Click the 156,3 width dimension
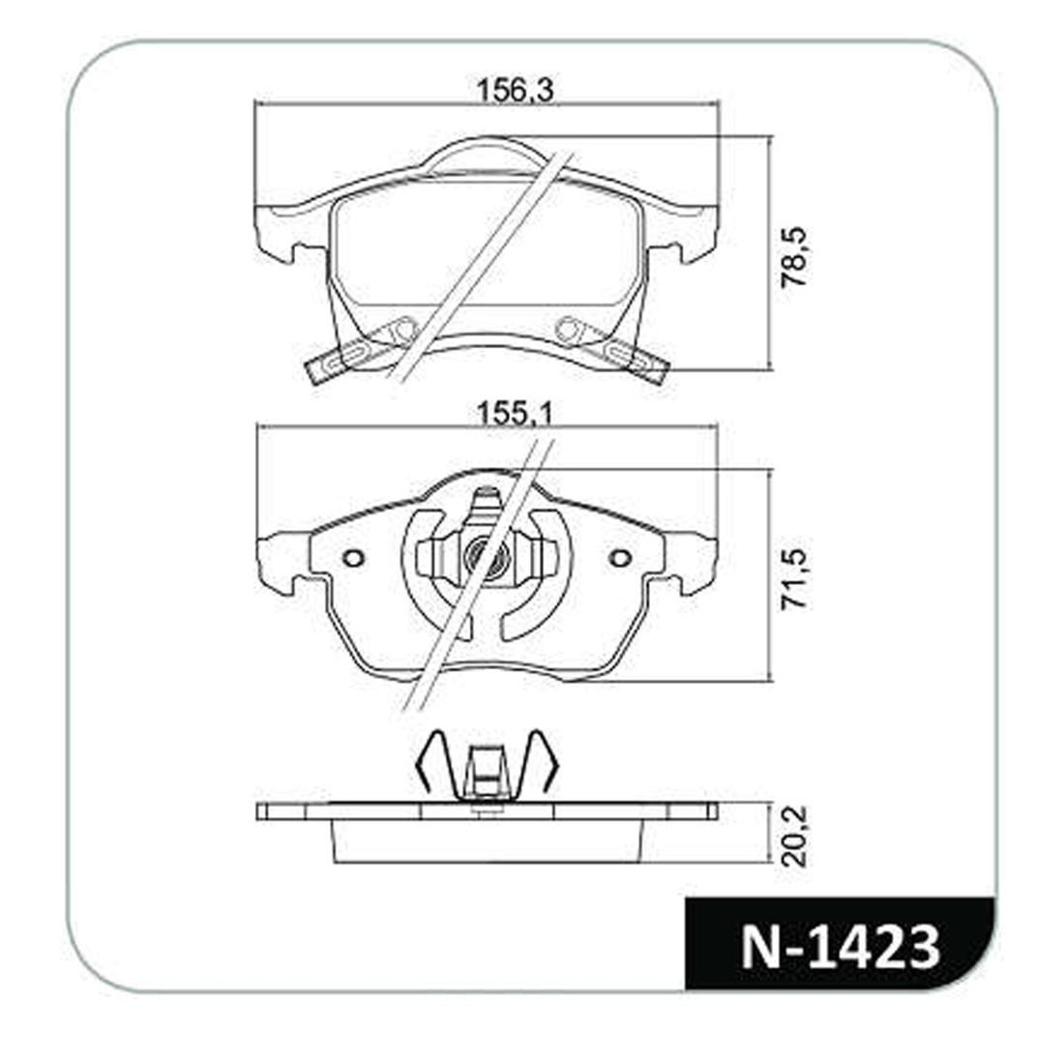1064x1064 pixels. point(515,90)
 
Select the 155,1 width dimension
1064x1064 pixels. point(515,413)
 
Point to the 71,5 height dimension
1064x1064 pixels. point(793,578)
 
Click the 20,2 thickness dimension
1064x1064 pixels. point(793,836)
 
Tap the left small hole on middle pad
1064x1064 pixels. point(353,558)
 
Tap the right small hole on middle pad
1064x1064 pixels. point(619,558)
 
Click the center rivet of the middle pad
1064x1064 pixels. point(485,556)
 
